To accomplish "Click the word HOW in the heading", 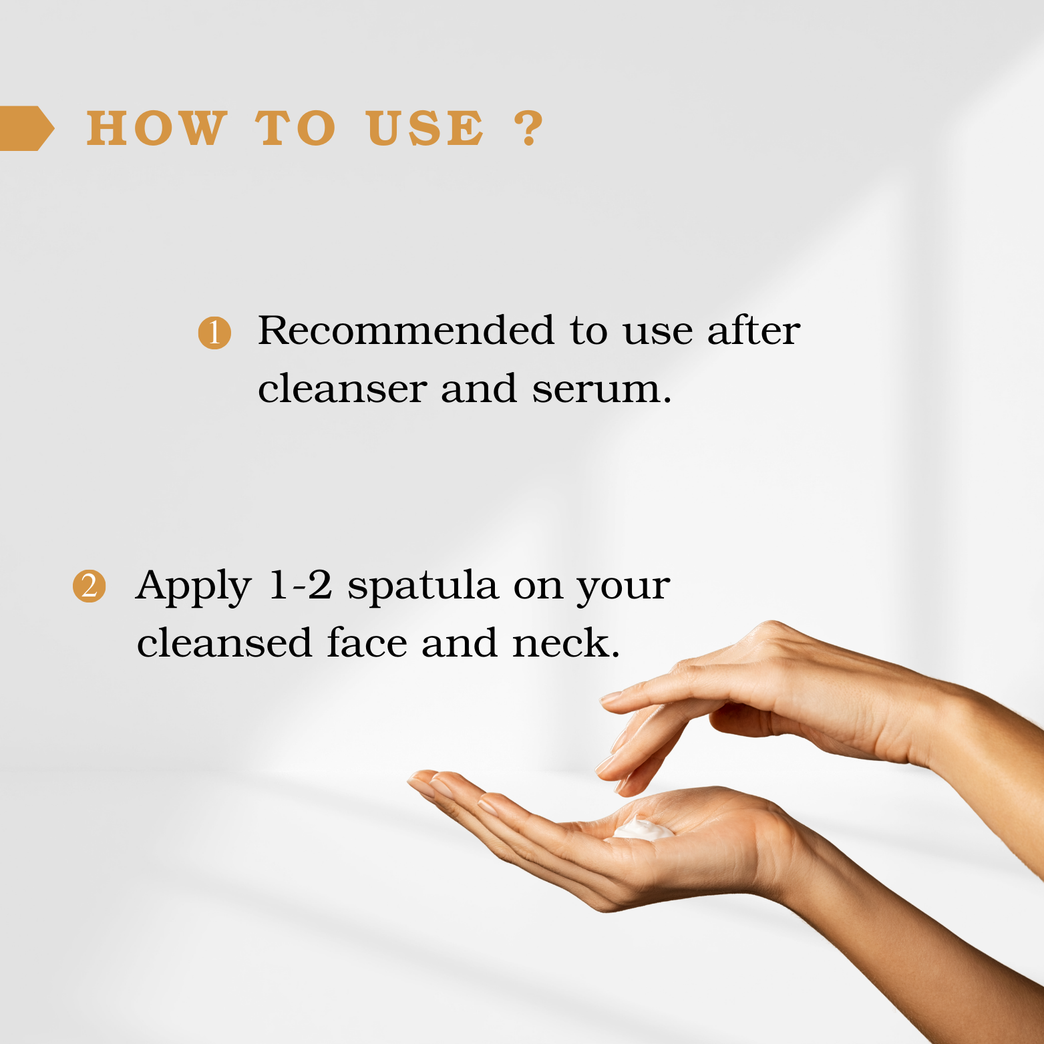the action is click(x=157, y=128).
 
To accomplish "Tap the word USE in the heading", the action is click(x=425, y=128).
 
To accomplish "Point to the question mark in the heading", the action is click(x=529, y=128).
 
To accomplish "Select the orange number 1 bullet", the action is click(x=214, y=333).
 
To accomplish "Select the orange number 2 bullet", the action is click(x=89, y=586).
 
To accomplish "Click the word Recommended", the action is click(x=406, y=330).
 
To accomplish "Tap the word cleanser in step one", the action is click(x=342, y=389).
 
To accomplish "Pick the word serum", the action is click(x=602, y=389).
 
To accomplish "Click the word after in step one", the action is click(x=753, y=330).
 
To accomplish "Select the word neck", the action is click(x=566, y=643).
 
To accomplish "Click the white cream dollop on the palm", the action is click(x=643, y=830).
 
